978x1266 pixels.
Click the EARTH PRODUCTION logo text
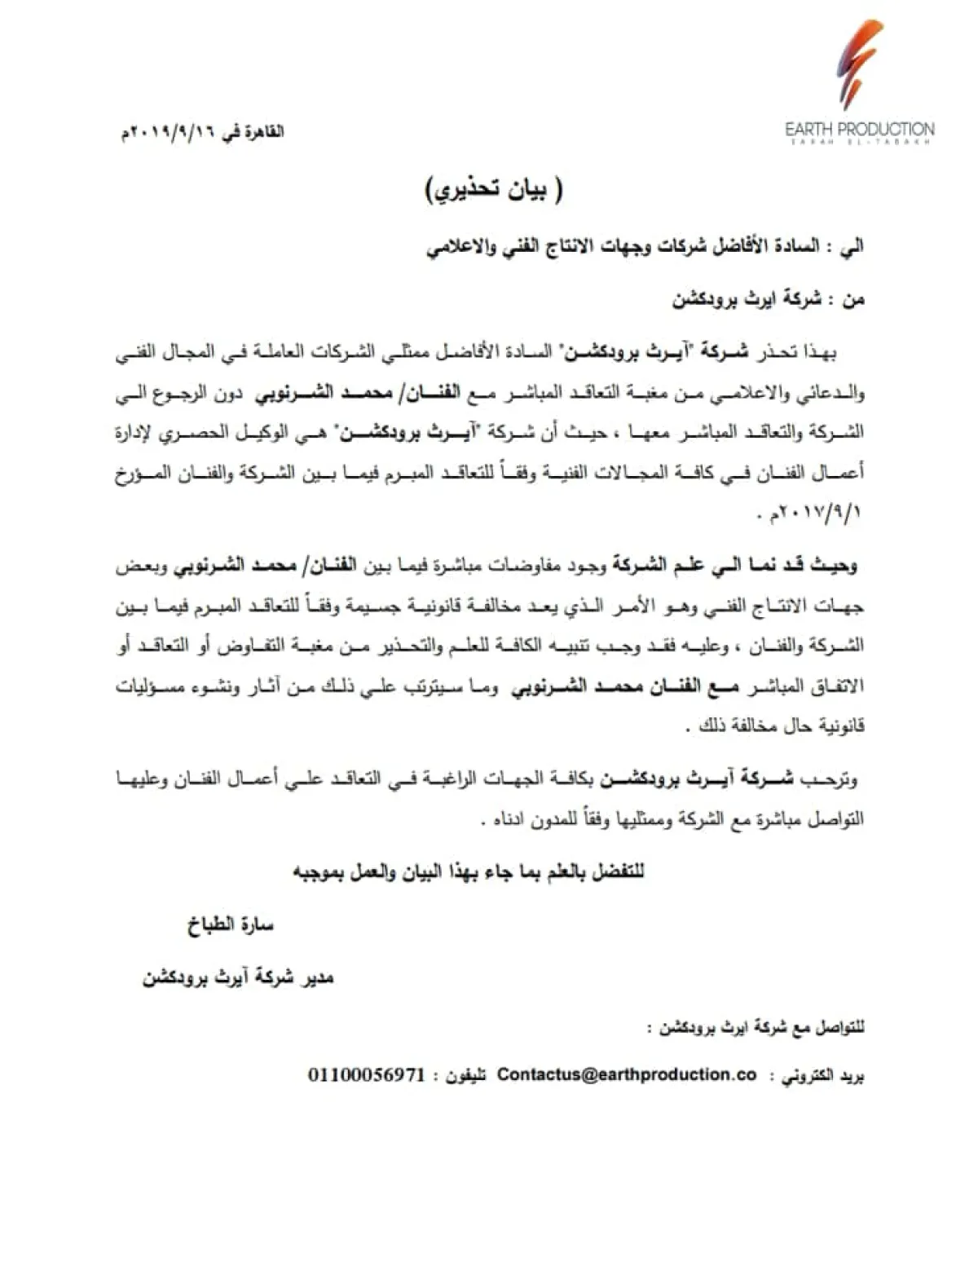(860, 129)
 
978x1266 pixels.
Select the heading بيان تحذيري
(494, 190)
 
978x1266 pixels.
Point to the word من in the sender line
(852, 300)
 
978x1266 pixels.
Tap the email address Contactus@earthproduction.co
(627, 1074)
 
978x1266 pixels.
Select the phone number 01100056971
(367, 1074)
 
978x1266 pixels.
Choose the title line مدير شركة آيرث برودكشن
(238, 977)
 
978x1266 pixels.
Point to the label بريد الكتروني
(822, 1076)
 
